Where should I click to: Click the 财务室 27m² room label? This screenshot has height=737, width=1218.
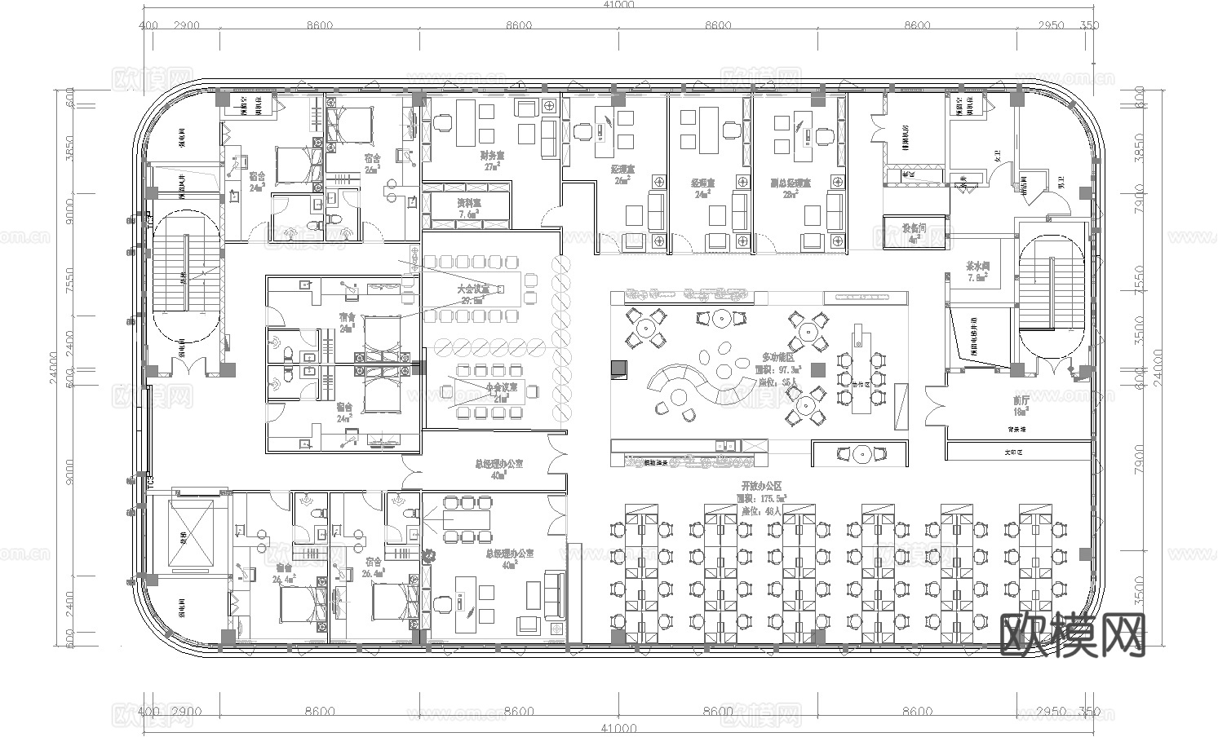(491, 159)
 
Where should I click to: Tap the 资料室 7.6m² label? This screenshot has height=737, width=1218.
(467, 207)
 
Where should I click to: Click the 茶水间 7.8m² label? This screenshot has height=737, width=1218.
(977, 271)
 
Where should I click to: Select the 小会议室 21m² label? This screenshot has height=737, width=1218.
(502, 393)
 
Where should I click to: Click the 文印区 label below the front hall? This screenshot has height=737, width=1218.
(1013, 451)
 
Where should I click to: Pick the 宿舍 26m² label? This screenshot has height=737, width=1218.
(373, 162)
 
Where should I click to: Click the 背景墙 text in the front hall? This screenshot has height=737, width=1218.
(1016, 430)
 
